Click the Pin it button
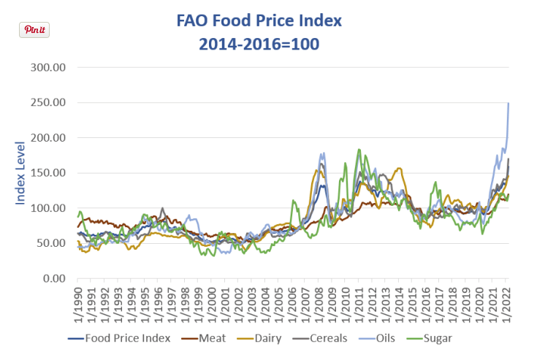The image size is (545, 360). click(x=34, y=30)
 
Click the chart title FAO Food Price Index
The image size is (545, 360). click(x=259, y=20)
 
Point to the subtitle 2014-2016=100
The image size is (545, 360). click(x=259, y=44)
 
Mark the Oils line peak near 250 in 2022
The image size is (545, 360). click(x=508, y=104)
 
